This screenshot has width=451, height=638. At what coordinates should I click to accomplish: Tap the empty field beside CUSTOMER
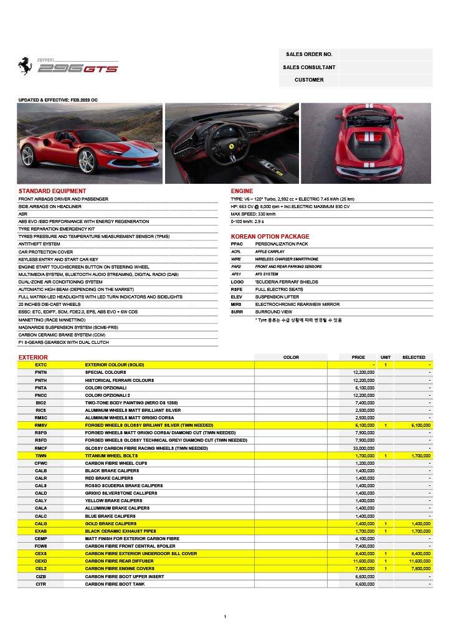386,80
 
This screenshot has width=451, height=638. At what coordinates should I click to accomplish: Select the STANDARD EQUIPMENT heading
52,191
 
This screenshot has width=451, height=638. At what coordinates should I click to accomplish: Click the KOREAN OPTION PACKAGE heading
270,237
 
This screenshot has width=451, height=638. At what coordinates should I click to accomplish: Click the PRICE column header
358,358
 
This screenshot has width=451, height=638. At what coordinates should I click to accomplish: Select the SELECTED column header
414,358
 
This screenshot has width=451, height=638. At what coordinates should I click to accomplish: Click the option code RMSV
40,425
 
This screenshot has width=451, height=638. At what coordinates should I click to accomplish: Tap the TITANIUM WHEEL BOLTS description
112,455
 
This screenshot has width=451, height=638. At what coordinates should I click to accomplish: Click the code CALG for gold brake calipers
40,523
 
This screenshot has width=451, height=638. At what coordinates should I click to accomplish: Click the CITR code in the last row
40,584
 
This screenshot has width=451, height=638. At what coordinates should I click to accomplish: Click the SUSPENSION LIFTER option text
277,297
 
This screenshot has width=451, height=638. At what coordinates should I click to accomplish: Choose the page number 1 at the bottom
225,616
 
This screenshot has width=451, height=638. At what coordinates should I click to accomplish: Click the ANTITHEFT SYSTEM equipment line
39,244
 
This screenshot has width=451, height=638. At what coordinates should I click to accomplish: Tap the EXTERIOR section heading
33,358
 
